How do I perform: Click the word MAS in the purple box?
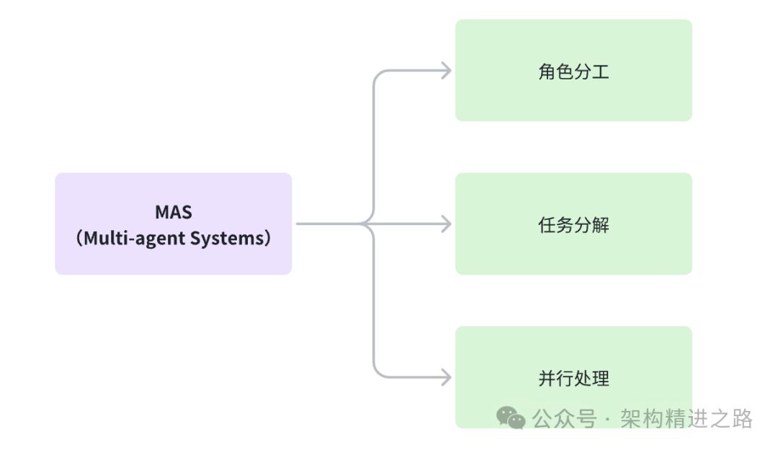pyautogui.click(x=173, y=213)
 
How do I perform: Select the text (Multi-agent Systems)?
pyautogui.click(x=173, y=238)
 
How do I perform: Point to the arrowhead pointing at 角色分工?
pyautogui.click(x=447, y=71)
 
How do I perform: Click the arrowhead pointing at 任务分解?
pyautogui.click(x=447, y=224)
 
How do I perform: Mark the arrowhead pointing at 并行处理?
pyautogui.click(x=447, y=377)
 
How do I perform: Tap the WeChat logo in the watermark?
pyautogui.click(x=511, y=418)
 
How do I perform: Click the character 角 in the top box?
pyautogui.click(x=547, y=71)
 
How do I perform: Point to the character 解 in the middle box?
pyautogui.click(x=601, y=225)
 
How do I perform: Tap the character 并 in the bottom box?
pyautogui.click(x=547, y=378)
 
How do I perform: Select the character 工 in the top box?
pyautogui.click(x=601, y=71)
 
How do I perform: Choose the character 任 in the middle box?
pyautogui.click(x=547, y=225)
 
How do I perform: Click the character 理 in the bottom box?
pyautogui.click(x=601, y=378)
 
